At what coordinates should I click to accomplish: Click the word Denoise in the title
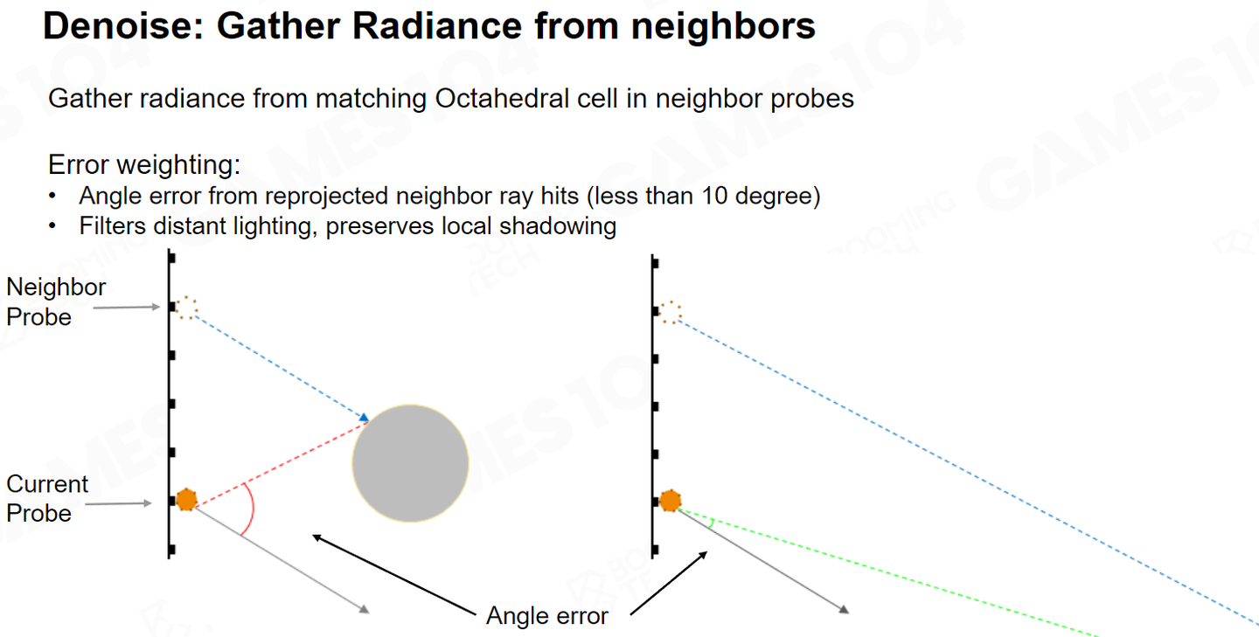click(x=123, y=26)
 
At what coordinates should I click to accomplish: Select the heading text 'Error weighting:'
click(x=144, y=164)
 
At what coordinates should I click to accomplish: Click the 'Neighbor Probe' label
click(x=56, y=302)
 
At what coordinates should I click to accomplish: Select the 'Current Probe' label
click(x=47, y=499)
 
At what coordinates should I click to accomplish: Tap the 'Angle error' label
click(x=547, y=616)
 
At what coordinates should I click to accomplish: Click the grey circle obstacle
click(x=410, y=463)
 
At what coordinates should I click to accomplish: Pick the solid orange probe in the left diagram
click(x=186, y=500)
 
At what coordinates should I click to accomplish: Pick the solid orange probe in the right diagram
click(x=670, y=501)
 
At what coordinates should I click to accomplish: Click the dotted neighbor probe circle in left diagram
click(x=186, y=308)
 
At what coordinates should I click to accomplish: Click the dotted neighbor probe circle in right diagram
click(x=670, y=312)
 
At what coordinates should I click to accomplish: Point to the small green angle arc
click(x=712, y=523)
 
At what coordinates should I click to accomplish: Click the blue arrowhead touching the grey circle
click(x=365, y=418)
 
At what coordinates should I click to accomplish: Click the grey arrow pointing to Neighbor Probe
click(x=127, y=308)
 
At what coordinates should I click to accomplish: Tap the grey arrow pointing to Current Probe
click(x=119, y=503)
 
